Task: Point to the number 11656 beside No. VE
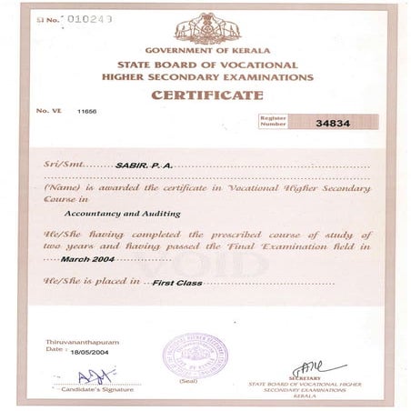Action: tap(88, 110)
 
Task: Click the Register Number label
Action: tap(274, 121)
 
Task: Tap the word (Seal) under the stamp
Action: tap(189, 381)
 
